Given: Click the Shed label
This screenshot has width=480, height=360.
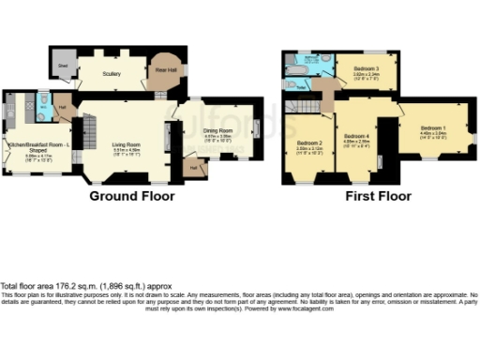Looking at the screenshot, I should (64, 66).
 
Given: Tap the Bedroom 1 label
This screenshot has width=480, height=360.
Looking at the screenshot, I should (433, 127).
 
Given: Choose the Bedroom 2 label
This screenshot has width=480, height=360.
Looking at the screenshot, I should (310, 142).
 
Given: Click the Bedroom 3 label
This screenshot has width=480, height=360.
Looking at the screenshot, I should (367, 70).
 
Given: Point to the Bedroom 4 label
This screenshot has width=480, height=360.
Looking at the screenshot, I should (356, 138).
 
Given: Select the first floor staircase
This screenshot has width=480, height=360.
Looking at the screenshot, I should (323, 94).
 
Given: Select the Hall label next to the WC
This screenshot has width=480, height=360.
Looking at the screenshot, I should (62, 109).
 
